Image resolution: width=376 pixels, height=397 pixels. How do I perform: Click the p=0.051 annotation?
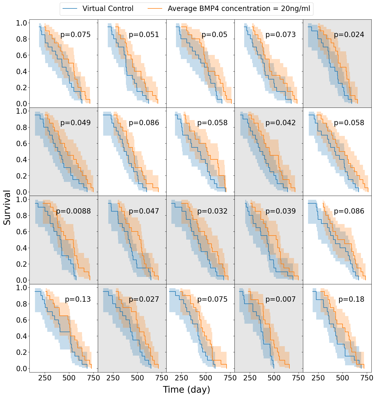(x=144, y=34)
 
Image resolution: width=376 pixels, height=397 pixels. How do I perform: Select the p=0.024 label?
(x=349, y=34)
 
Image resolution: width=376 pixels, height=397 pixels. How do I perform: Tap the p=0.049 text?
(x=75, y=123)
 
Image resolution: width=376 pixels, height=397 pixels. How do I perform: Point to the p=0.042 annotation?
(x=280, y=123)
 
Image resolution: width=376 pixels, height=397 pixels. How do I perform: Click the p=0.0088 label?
(x=73, y=211)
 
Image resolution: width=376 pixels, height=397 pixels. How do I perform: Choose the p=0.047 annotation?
(x=144, y=211)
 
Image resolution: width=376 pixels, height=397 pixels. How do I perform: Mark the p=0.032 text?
(x=212, y=211)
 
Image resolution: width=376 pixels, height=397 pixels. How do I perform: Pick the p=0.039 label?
(x=280, y=211)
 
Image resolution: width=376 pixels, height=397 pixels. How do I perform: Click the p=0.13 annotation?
(x=78, y=299)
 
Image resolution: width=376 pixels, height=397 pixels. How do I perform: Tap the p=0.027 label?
(x=144, y=299)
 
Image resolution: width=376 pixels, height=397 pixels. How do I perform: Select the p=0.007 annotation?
(x=280, y=299)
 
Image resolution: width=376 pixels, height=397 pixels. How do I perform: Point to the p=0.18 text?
(x=351, y=299)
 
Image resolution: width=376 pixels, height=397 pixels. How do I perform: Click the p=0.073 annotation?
(x=280, y=34)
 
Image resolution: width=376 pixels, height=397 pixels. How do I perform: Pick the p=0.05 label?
(x=214, y=34)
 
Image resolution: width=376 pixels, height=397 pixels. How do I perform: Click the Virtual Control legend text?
(x=108, y=9)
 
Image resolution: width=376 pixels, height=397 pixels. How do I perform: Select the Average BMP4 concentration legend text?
(x=239, y=9)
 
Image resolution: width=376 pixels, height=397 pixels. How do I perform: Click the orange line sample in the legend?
(x=155, y=9)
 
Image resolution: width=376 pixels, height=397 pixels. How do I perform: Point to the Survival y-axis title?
(x=7, y=207)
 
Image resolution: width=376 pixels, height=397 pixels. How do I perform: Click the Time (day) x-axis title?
(x=186, y=390)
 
